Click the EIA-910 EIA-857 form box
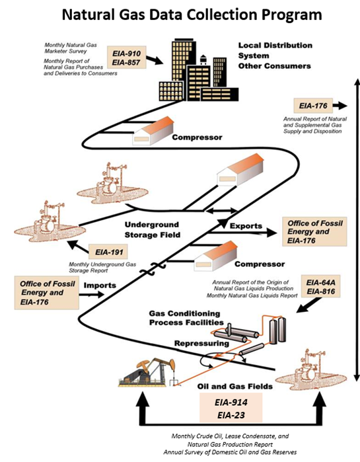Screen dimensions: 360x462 127,58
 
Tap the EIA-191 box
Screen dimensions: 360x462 108,252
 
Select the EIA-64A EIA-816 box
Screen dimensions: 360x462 320,287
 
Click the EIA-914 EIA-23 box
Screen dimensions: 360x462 231,408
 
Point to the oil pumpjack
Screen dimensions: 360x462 147,372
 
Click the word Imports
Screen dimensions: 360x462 100,286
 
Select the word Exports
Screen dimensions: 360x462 246,226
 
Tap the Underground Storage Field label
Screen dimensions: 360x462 152,230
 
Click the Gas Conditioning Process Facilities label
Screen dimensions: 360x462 186,318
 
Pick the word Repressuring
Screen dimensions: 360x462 201,343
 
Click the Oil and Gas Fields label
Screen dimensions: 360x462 234,386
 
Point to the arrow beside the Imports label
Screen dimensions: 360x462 91,294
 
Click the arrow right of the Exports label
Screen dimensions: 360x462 242,233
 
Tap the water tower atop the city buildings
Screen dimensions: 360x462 203,59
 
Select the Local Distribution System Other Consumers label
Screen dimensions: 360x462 275,56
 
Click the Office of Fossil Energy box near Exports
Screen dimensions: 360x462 314,232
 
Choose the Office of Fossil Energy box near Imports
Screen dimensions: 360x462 46,293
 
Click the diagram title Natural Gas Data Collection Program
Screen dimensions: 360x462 192,14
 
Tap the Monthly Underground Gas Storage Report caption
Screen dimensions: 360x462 102,268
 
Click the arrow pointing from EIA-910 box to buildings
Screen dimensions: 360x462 155,59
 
